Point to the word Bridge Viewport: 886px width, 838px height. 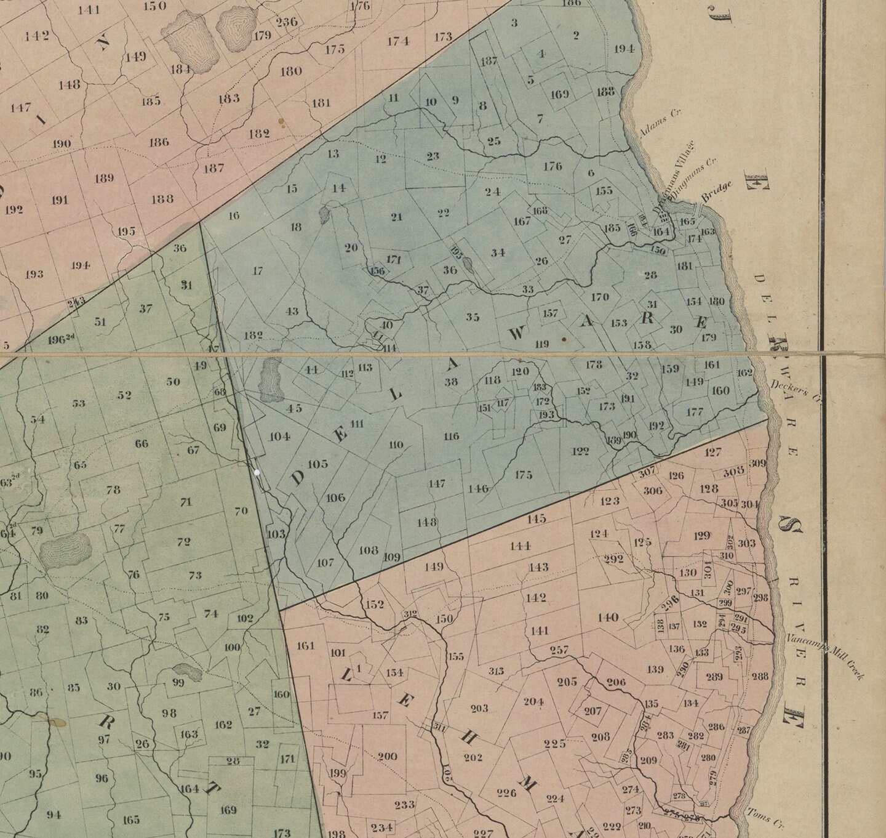pyautogui.click(x=717, y=193)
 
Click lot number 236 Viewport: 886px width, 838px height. pyautogui.click(x=287, y=22)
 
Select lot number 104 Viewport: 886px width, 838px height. pyautogui.click(x=279, y=436)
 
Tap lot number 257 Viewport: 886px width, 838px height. pyautogui.click(x=559, y=650)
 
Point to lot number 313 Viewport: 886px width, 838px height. pyautogui.click(x=496, y=671)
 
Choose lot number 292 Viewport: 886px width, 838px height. pyautogui.click(x=614, y=559)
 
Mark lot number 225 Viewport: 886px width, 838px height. pyautogui.click(x=555, y=744)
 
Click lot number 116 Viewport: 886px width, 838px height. pyautogui.click(x=451, y=437)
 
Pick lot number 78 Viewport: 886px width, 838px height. pyautogui.click(x=113, y=490)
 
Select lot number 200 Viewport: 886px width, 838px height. pyautogui.click(x=387, y=756)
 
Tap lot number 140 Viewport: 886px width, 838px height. pyautogui.click(x=608, y=618)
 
